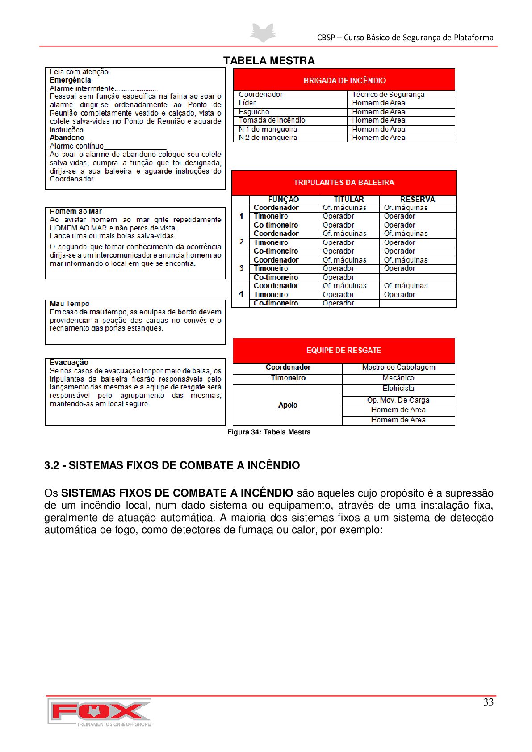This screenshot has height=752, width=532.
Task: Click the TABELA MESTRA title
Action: [x=269, y=61]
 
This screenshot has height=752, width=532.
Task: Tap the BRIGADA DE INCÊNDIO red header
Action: [x=344, y=80]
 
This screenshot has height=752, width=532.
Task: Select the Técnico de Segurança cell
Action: [x=388, y=95]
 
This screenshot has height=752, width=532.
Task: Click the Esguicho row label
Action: [x=254, y=112]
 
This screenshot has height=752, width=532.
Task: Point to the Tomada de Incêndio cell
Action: [x=272, y=121]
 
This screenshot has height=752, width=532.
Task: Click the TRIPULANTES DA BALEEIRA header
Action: [x=343, y=182]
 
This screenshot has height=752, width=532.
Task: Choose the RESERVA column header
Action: [x=417, y=200]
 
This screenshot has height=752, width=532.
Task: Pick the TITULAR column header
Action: [x=349, y=200]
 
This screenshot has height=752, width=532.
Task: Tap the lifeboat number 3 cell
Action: [x=241, y=268]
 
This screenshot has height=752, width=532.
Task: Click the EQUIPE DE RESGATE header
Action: [x=343, y=351]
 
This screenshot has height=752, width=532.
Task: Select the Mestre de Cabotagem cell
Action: [x=398, y=368]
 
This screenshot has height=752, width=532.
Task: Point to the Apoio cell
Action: [x=288, y=405]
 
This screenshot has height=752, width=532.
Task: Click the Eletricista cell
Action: [x=398, y=389]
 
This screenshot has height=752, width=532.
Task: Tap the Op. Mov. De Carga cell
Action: [x=398, y=401]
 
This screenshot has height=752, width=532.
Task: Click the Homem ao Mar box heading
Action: [x=76, y=212]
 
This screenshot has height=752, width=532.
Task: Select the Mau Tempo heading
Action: [x=70, y=304]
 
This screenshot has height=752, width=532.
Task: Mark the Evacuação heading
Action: [x=69, y=363]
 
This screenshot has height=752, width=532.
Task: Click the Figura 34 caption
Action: [x=269, y=432]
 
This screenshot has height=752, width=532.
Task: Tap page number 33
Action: [x=488, y=702]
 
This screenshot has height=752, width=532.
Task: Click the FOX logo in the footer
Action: [x=99, y=712]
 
